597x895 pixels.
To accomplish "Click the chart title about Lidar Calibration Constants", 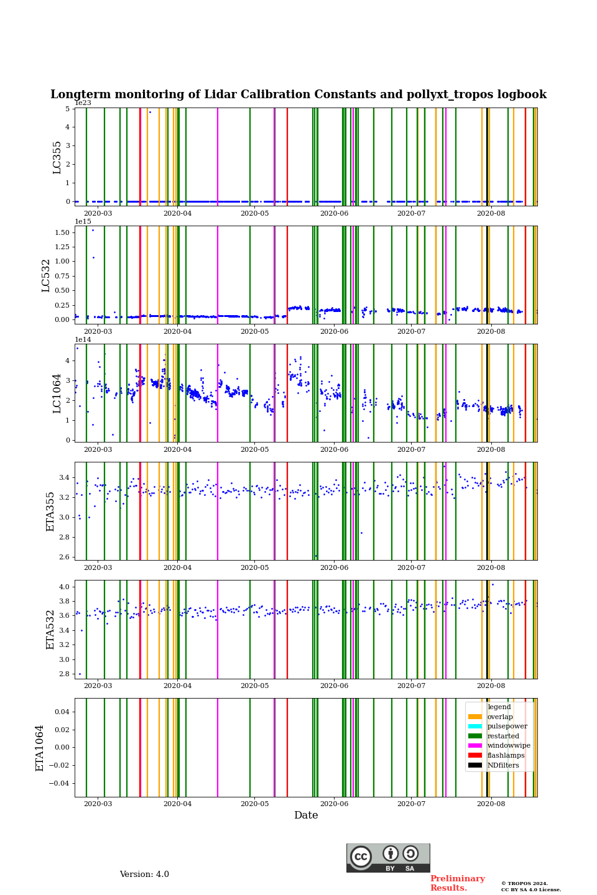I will click(298, 94).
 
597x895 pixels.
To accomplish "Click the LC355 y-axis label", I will click(57, 157).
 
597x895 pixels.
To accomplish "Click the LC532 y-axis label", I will click(46, 275).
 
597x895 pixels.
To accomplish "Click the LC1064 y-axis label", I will click(57, 393).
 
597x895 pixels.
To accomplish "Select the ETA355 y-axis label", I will click(50, 512).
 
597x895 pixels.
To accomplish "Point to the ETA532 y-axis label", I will click(50, 630).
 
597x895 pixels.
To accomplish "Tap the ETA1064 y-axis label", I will click(40, 748).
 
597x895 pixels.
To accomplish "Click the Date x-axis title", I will click(306, 815).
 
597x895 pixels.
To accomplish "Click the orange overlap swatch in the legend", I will click(475, 717).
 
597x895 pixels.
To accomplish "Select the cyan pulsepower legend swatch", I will click(475, 726).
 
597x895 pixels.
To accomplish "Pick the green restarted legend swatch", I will click(475, 736).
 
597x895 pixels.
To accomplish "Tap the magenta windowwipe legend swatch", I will click(475, 745).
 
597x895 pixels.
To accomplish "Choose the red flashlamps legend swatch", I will click(475, 755).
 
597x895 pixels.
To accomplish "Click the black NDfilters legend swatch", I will click(475, 765).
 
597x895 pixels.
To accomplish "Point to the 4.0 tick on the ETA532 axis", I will click(65, 587).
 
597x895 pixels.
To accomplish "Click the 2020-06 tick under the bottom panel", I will click(334, 804).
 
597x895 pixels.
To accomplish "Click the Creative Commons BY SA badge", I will click(388, 858).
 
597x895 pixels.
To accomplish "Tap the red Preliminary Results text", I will click(457, 883).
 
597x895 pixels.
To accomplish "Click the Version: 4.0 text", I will click(144, 874).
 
